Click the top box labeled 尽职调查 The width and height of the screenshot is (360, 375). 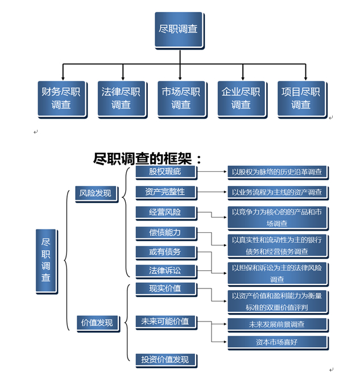click(x=179, y=29)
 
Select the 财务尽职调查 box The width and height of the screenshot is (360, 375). click(x=61, y=98)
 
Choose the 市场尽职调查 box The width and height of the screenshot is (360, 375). click(x=180, y=98)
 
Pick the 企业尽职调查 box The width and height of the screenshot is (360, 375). click(x=241, y=98)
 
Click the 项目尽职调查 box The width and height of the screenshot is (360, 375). click(x=301, y=98)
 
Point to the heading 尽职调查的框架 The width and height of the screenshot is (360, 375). click(x=147, y=159)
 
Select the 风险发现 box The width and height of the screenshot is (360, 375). click(x=95, y=193)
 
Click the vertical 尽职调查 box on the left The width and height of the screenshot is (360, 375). click(x=45, y=261)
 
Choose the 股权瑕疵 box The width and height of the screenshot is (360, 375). click(x=164, y=171)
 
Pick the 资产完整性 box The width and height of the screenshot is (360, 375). click(x=164, y=192)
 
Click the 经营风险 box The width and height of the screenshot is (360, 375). click(x=164, y=212)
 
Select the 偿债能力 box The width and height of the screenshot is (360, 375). click(x=164, y=232)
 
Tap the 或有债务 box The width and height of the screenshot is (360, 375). click(x=164, y=252)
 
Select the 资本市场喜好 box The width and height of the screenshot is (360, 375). click(x=278, y=342)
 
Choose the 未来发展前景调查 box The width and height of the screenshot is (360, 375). click(x=278, y=324)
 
